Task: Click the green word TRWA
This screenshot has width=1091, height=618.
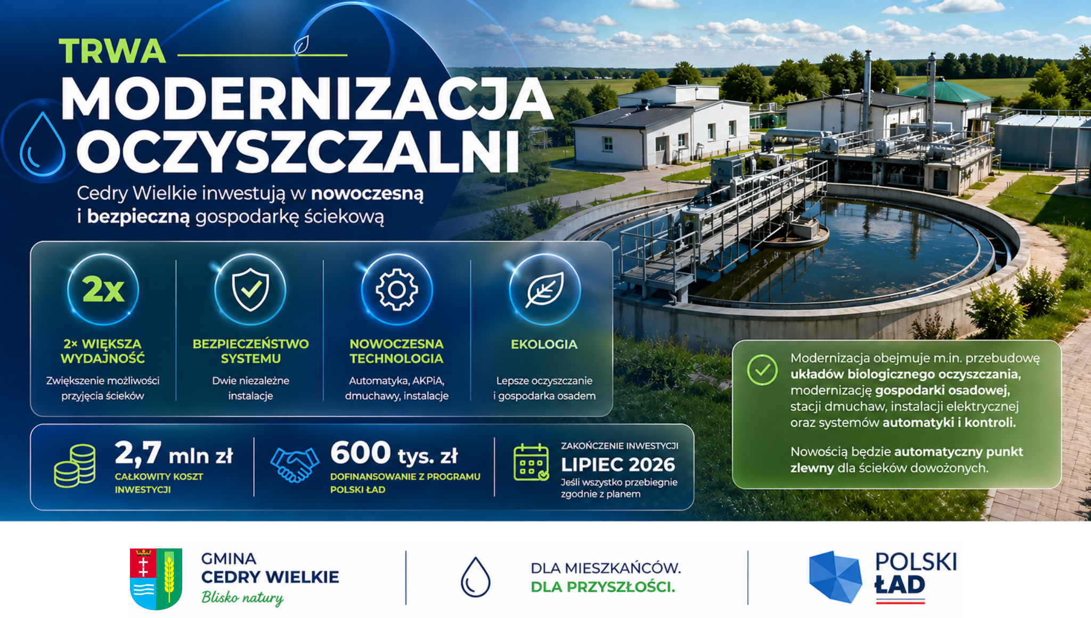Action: [112, 51]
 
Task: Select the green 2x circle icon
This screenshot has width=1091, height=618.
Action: [103, 289]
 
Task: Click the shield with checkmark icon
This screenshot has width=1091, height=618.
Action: [250, 289]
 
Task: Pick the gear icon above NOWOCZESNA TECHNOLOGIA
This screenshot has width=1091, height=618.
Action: [397, 289]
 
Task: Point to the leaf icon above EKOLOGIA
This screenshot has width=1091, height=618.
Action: [544, 289]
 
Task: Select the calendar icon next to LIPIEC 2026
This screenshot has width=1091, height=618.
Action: [531, 462]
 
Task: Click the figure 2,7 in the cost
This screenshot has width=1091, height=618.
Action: [138, 453]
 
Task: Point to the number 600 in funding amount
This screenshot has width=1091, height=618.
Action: [361, 453]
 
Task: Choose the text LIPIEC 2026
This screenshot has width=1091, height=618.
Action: [618, 465]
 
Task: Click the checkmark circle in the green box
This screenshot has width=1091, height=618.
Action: [762, 370]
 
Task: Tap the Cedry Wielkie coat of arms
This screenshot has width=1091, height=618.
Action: [156, 579]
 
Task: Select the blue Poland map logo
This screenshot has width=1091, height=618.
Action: [835, 577]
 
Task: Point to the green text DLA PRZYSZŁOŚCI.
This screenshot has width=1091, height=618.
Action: [603, 587]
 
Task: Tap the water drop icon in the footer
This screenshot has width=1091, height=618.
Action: [475, 577]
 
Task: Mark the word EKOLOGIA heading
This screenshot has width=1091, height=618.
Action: [544, 344]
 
